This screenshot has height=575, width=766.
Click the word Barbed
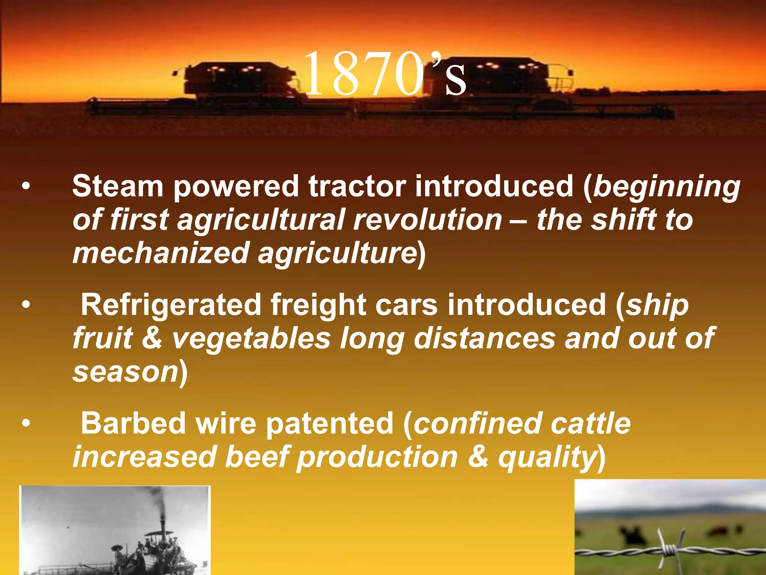(x=133, y=423)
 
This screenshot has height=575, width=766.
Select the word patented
(x=330, y=423)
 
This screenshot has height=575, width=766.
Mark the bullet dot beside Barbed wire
(x=25, y=424)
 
